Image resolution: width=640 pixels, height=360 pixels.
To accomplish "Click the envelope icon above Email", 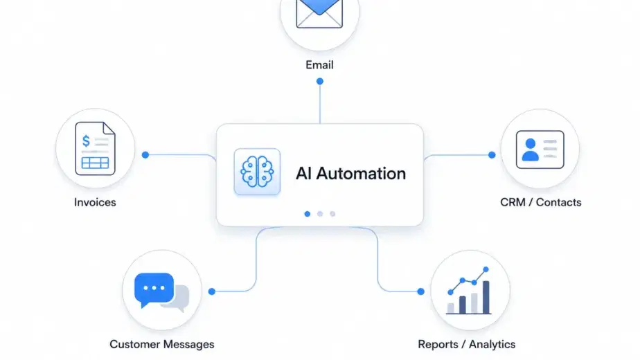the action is (x=319, y=13).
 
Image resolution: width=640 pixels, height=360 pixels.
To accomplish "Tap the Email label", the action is (x=319, y=65).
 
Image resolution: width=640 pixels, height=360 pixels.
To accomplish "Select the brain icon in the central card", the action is (x=257, y=172).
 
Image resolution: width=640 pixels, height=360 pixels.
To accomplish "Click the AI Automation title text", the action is (x=350, y=174).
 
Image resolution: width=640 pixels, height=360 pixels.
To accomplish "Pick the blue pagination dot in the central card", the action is (x=308, y=214).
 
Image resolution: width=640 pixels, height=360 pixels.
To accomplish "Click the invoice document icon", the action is (x=95, y=149).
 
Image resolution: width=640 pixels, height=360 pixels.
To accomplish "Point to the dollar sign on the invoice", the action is (x=86, y=141).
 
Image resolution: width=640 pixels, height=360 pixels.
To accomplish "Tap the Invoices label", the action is (x=95, y=202).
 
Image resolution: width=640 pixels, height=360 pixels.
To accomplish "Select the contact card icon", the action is (x=540, y=150).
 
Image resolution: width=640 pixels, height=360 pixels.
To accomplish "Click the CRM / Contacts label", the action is (x=541, y=202).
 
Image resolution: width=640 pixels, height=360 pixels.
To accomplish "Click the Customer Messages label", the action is (x=162, y=345).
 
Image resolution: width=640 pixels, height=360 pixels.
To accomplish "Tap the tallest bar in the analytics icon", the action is (x=486, y=297).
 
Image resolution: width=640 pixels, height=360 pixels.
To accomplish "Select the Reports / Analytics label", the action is (x=467, y=345).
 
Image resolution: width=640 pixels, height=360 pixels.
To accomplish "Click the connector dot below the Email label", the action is (x=320, y=81).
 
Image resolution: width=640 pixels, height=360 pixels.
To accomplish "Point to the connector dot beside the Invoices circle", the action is (x=145, y=155).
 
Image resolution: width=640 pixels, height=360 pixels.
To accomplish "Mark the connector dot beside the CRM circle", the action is (x=492, y=155).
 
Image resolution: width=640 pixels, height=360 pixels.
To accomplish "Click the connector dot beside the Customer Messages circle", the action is (x=212, y=291).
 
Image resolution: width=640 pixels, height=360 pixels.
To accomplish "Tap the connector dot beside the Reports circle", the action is (x=421, y=291).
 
